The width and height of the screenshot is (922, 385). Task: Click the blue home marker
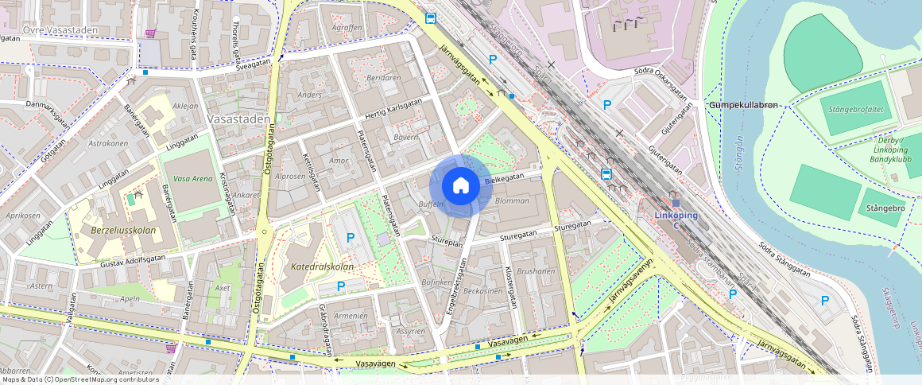coord(460,186)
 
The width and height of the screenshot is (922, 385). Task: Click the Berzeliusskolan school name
coord(123,231)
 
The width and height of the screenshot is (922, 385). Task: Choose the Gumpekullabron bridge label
coord(746,105)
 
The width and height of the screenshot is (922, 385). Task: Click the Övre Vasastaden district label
coord(60,30)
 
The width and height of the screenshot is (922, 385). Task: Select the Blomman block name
coord(511,200)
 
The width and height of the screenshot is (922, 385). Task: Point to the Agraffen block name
coord(347,26)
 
